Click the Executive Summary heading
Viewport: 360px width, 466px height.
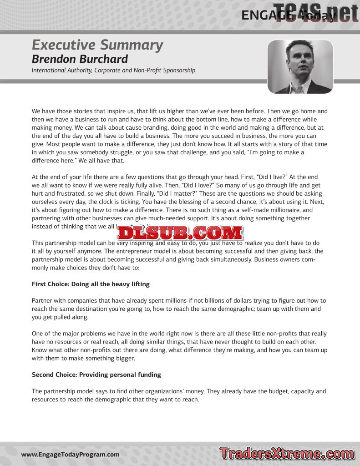click(97, 45)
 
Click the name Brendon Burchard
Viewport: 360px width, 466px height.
click(80, 59)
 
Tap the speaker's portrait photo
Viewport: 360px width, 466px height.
click(300, 67)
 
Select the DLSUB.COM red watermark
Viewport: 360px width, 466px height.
click(180, 233)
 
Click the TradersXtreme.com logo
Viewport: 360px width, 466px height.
click(287, 454)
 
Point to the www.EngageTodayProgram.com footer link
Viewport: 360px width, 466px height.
click(71, 455)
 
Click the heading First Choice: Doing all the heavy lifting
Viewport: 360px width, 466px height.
click(91, 284)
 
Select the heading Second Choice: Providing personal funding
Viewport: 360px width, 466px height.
click(96, 375)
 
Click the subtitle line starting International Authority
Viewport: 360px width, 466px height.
click(113, 71)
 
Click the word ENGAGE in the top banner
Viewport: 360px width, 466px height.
click(263, 15)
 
